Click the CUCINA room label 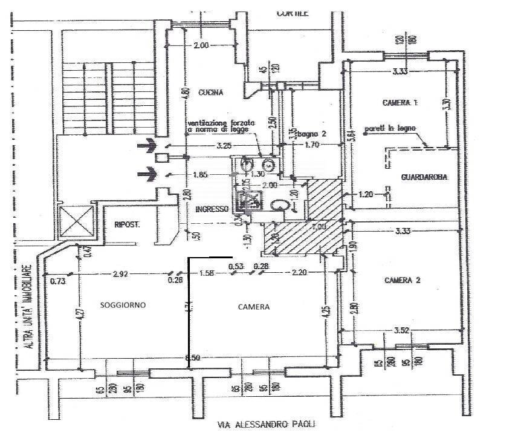[x=210, y=93]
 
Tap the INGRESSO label [x=212, y=209]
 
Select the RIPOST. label [x=127, y=225]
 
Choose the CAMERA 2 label [x=402, y=281]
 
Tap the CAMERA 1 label [x=400, y=103]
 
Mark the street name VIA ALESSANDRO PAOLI [x=267, y=425]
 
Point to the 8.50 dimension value [x=193, y=357]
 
